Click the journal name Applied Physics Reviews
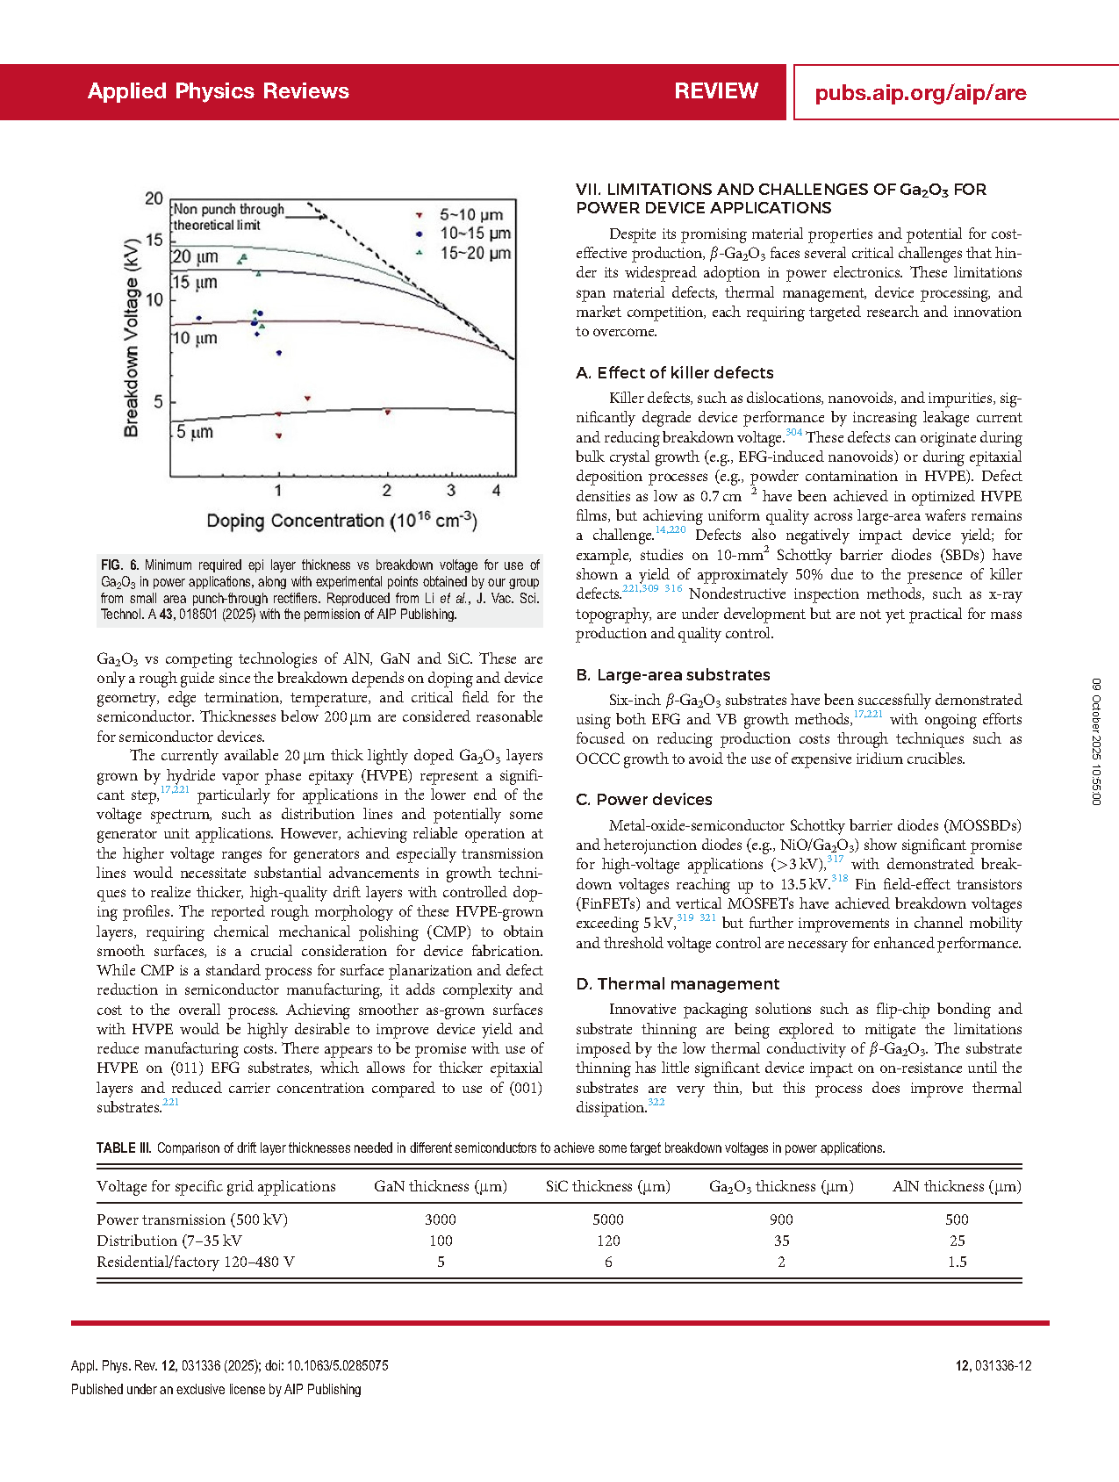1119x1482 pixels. coord(218,91)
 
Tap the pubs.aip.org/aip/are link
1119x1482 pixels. coord(920,93)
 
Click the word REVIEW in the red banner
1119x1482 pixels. coord(716,91)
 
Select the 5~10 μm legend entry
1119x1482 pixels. coord(470,215)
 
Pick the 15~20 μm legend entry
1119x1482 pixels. coord(475,253)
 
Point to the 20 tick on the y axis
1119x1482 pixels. coord(154,198)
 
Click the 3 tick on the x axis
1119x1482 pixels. coord(451,491)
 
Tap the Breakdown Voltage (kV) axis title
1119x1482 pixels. coord(132,337)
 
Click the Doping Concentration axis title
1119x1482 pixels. coord(341,521)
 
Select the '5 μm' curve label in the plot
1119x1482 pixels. coord(195,432)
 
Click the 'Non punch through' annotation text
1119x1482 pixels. coord(229,209)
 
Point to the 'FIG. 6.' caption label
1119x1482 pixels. coord(119,565)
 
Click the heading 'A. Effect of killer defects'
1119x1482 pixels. coord(674,373)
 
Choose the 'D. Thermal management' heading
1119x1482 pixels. coord(678,984)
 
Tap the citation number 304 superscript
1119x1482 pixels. coord(793,432)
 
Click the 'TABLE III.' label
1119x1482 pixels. coord(124,1148)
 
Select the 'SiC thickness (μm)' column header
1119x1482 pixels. coord(607,1187)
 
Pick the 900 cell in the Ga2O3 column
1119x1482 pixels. coord(781,1219)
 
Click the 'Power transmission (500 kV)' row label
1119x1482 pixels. coord(192,1219)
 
